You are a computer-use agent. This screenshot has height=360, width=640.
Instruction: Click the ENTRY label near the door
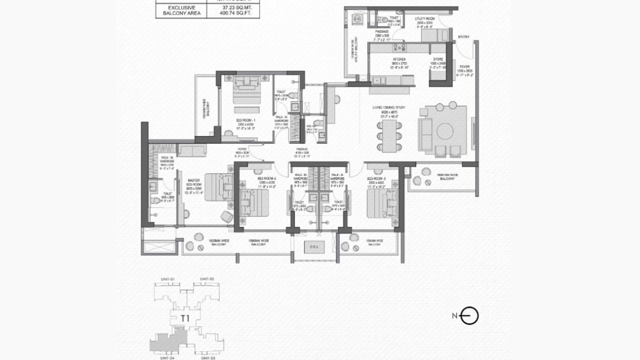click(x=463, y=36)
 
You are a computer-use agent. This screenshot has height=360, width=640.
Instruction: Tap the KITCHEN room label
click(x=398, y=59)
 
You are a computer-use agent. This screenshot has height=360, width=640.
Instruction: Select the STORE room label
click(x=438, y=59)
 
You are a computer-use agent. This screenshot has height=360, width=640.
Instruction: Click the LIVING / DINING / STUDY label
click(x=391, y=107)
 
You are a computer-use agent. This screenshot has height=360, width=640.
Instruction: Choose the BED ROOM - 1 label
click(x=246, y=120)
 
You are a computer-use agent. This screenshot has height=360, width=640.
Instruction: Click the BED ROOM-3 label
click(x=374, y=178)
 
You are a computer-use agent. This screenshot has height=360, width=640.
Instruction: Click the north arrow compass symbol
click(x=469, y=315)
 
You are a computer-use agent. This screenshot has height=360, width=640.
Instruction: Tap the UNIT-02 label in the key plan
click(x=207, y=278)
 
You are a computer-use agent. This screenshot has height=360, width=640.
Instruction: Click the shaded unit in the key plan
click(x=167, y=341)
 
